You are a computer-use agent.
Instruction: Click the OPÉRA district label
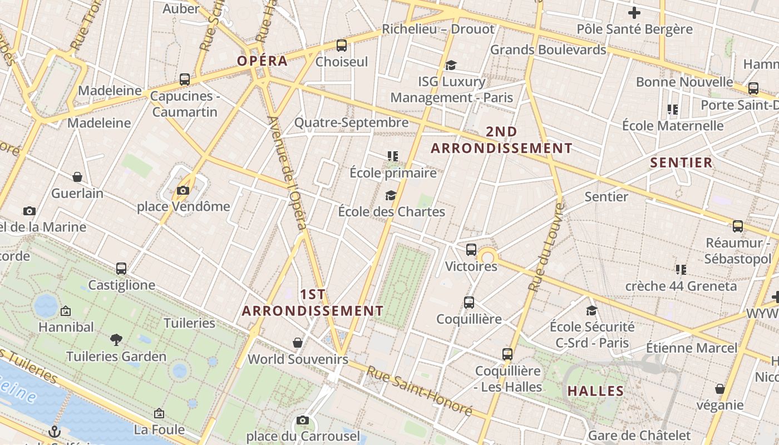(262, 61)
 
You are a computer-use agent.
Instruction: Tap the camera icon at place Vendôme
(183, 191)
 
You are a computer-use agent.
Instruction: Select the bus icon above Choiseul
(342, 46)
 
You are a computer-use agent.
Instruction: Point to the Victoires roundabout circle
(488, 257)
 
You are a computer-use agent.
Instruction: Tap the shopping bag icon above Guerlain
(77, 177)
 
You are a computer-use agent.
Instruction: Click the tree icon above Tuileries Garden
(116, 339)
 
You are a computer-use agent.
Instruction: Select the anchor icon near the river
(55, 431)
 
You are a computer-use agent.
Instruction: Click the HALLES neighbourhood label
(595, 391)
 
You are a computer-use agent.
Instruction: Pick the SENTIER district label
(681, 162)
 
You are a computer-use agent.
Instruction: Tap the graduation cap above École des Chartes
(391, 195)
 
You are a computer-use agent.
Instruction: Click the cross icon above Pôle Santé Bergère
(634, 12)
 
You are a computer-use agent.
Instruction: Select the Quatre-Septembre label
(351, 122)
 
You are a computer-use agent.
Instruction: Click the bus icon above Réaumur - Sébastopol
(737, 226)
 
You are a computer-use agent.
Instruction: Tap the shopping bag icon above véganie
(719, 389)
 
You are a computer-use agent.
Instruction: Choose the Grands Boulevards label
(548, 50)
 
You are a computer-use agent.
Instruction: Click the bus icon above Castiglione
(121, 269)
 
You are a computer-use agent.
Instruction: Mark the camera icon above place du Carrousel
(302, 420)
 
